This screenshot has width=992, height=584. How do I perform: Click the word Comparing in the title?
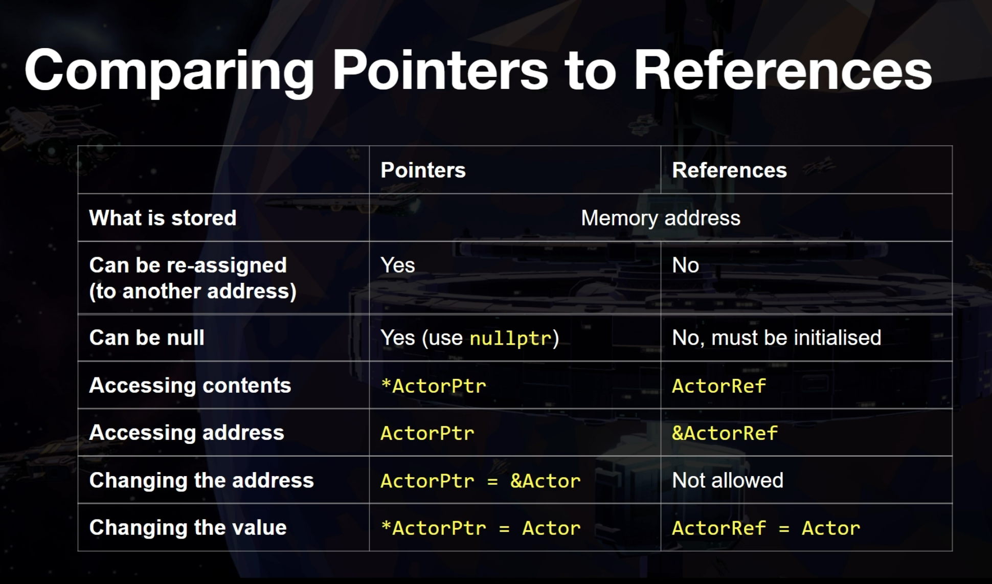pyautogui.click(x=169, y=72)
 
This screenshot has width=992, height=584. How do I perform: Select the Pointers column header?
pyautogui.click(x=423, y=170)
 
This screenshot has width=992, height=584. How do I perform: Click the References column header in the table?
pyautogui.click(x=729, y=170)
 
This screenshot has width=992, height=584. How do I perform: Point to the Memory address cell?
pyautogui.click(x=661, y=218)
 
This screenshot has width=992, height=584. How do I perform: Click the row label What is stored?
pyautogui.click(x=163, y=218)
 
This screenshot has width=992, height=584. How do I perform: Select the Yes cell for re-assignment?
pyautogui.click(x=398, y=265)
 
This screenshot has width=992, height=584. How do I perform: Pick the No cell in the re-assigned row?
pyautogui.click(x=685, y=265)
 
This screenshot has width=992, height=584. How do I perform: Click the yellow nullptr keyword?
pyautogui.click(x=510, y=339)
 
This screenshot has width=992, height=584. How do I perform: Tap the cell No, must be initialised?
pyautogui.click(x=777, y=338)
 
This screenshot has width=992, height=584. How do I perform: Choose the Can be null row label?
pyautogui.click(x=147, y=338)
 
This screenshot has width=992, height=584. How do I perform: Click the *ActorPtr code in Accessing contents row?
pyautogui.click(x=434, y=386)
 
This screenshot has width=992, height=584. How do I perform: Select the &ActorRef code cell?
pyautogui.click(x=725, y=433)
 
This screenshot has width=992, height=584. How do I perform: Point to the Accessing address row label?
pyautogui.click(x=187, y=433)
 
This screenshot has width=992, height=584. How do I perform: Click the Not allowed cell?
pyautogui.click(x=728, y=480)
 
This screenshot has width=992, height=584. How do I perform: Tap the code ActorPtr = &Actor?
pyautogui.click(x=481, y=481)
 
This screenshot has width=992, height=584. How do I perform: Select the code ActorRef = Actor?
pyautogui.click(x=766, y=528)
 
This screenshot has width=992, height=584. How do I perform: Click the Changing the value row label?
pyautogui.click(x=188, y=527)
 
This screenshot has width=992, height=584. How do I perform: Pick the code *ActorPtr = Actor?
pyautogui.click(x=481, y=528)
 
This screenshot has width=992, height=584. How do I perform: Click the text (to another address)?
pyautogui.click(x=193, y=291)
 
